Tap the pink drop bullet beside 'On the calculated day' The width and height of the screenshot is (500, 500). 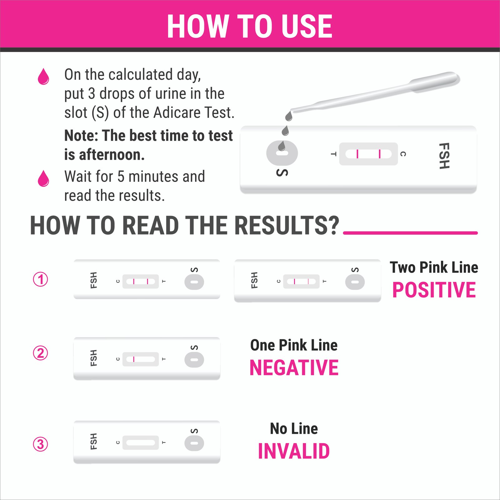tap(43, 77)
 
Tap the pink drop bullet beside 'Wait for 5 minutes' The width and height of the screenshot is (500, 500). tap(43, 178)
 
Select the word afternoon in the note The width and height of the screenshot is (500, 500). tap(112, 155)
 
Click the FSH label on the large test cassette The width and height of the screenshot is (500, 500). tap(444, 156)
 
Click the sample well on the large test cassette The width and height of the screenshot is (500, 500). tap(282, 153)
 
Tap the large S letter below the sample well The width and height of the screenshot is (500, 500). tap(282, 172)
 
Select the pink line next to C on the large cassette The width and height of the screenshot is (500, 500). tap(380, 154)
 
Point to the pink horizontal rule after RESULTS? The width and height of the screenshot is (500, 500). tap(410, 233)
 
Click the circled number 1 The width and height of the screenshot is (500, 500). tap(41, 279)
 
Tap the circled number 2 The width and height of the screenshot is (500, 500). tap(41, 353)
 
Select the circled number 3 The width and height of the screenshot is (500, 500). tap(41, 444)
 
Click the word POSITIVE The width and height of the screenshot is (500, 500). tap(434, 290)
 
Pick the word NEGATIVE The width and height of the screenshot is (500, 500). tap(294, 367)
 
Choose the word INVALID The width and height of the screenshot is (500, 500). tap(294, 451)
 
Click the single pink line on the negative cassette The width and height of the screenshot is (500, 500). tap(134, 359)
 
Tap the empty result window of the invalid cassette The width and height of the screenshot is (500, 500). tap(141, 443)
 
